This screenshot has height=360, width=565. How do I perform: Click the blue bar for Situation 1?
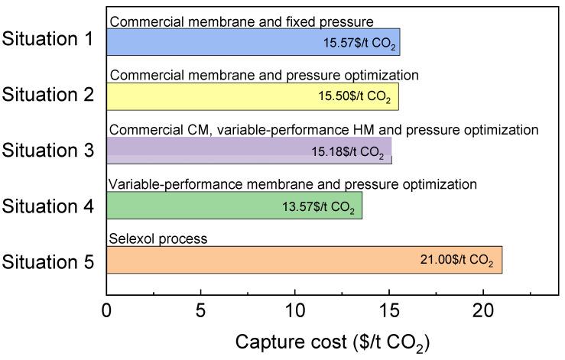[214, 42]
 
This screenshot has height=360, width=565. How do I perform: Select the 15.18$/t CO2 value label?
[347, 153]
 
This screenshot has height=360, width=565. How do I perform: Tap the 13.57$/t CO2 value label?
[318, 207]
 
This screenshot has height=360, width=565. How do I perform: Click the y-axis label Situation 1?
[48, 40]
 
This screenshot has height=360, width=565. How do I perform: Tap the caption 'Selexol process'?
[158, 239]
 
